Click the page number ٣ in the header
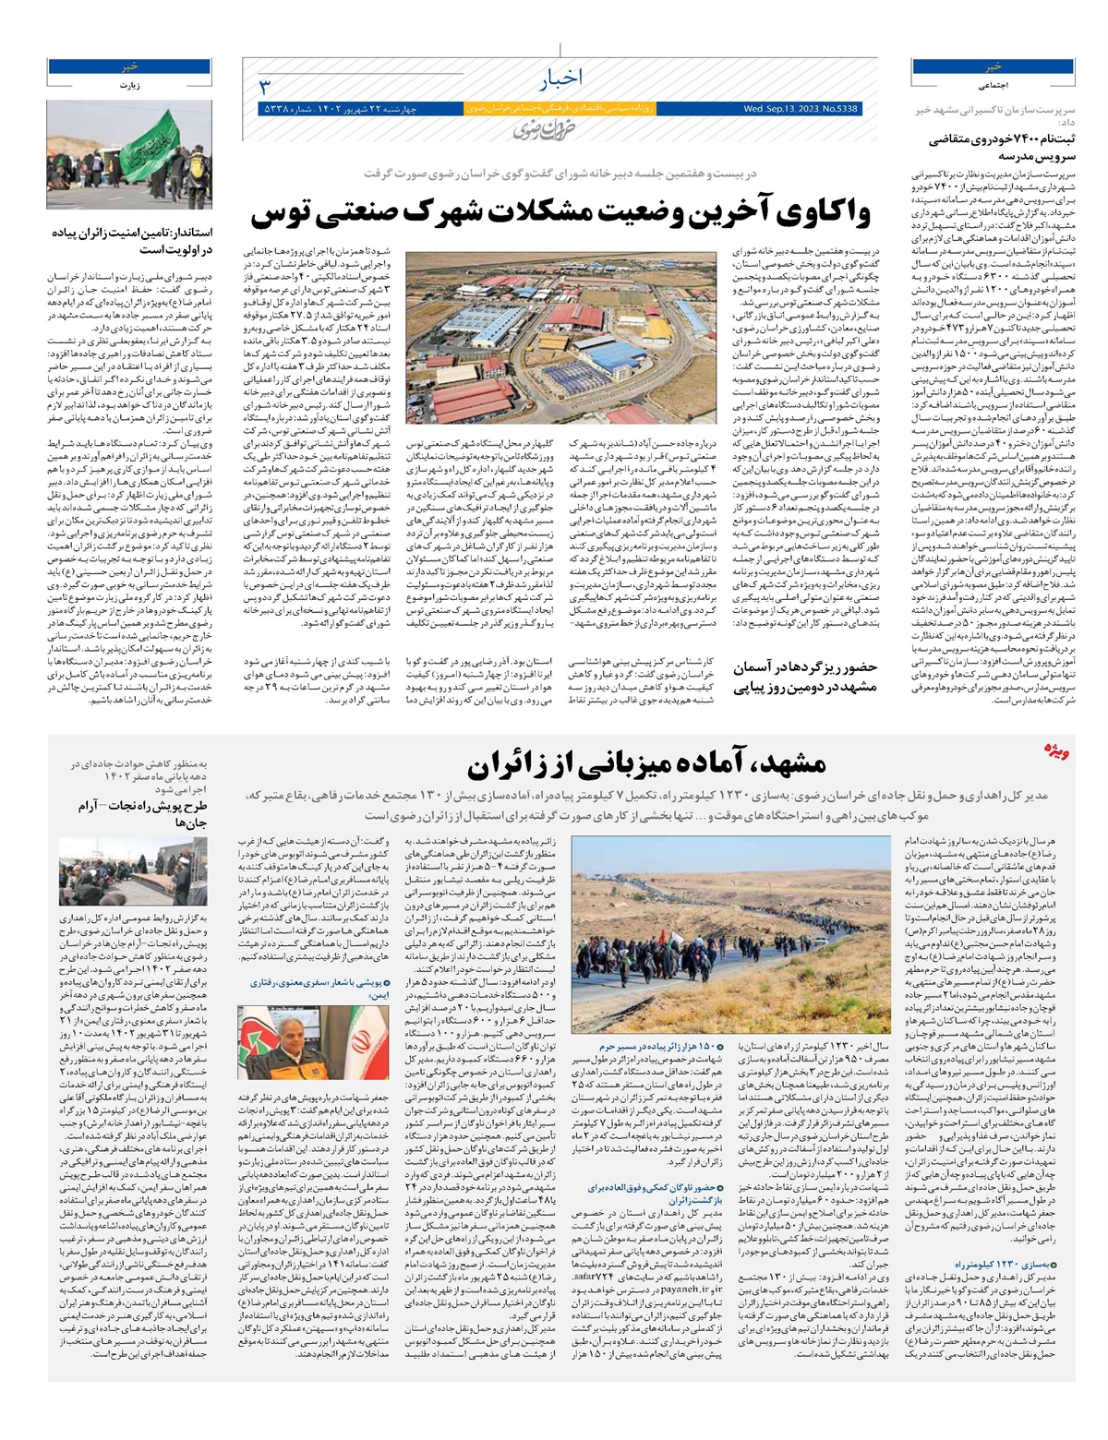click(264, 87)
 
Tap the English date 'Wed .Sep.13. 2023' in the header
click(785, 109)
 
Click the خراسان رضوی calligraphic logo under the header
click(536, 130)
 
